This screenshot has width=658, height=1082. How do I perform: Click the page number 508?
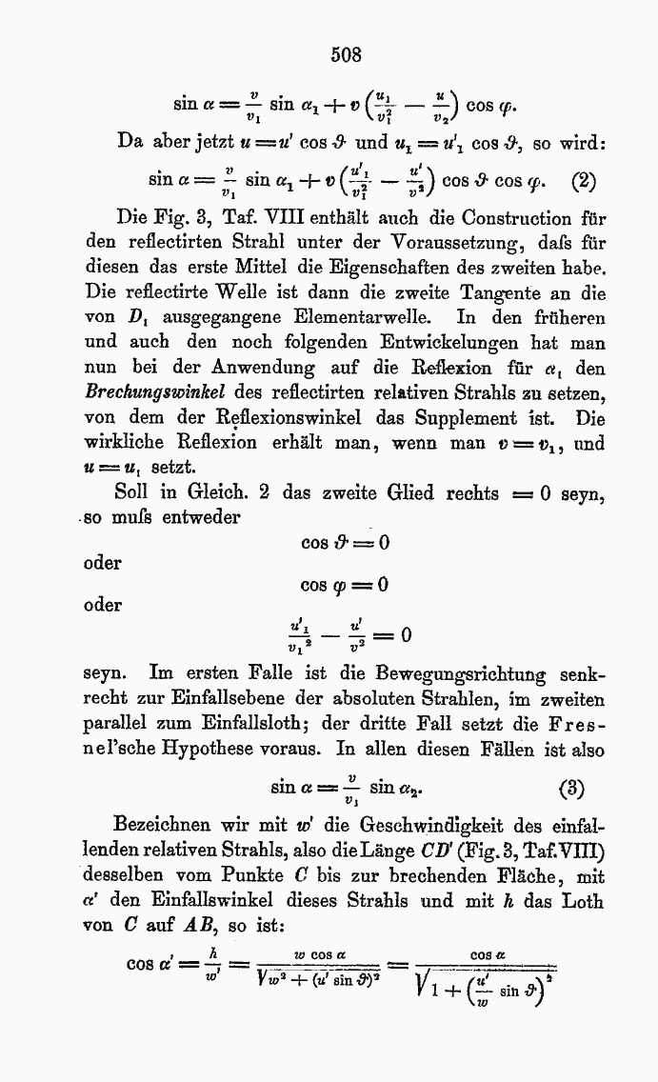point(347,54)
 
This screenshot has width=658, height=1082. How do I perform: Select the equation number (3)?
point(571,790)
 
